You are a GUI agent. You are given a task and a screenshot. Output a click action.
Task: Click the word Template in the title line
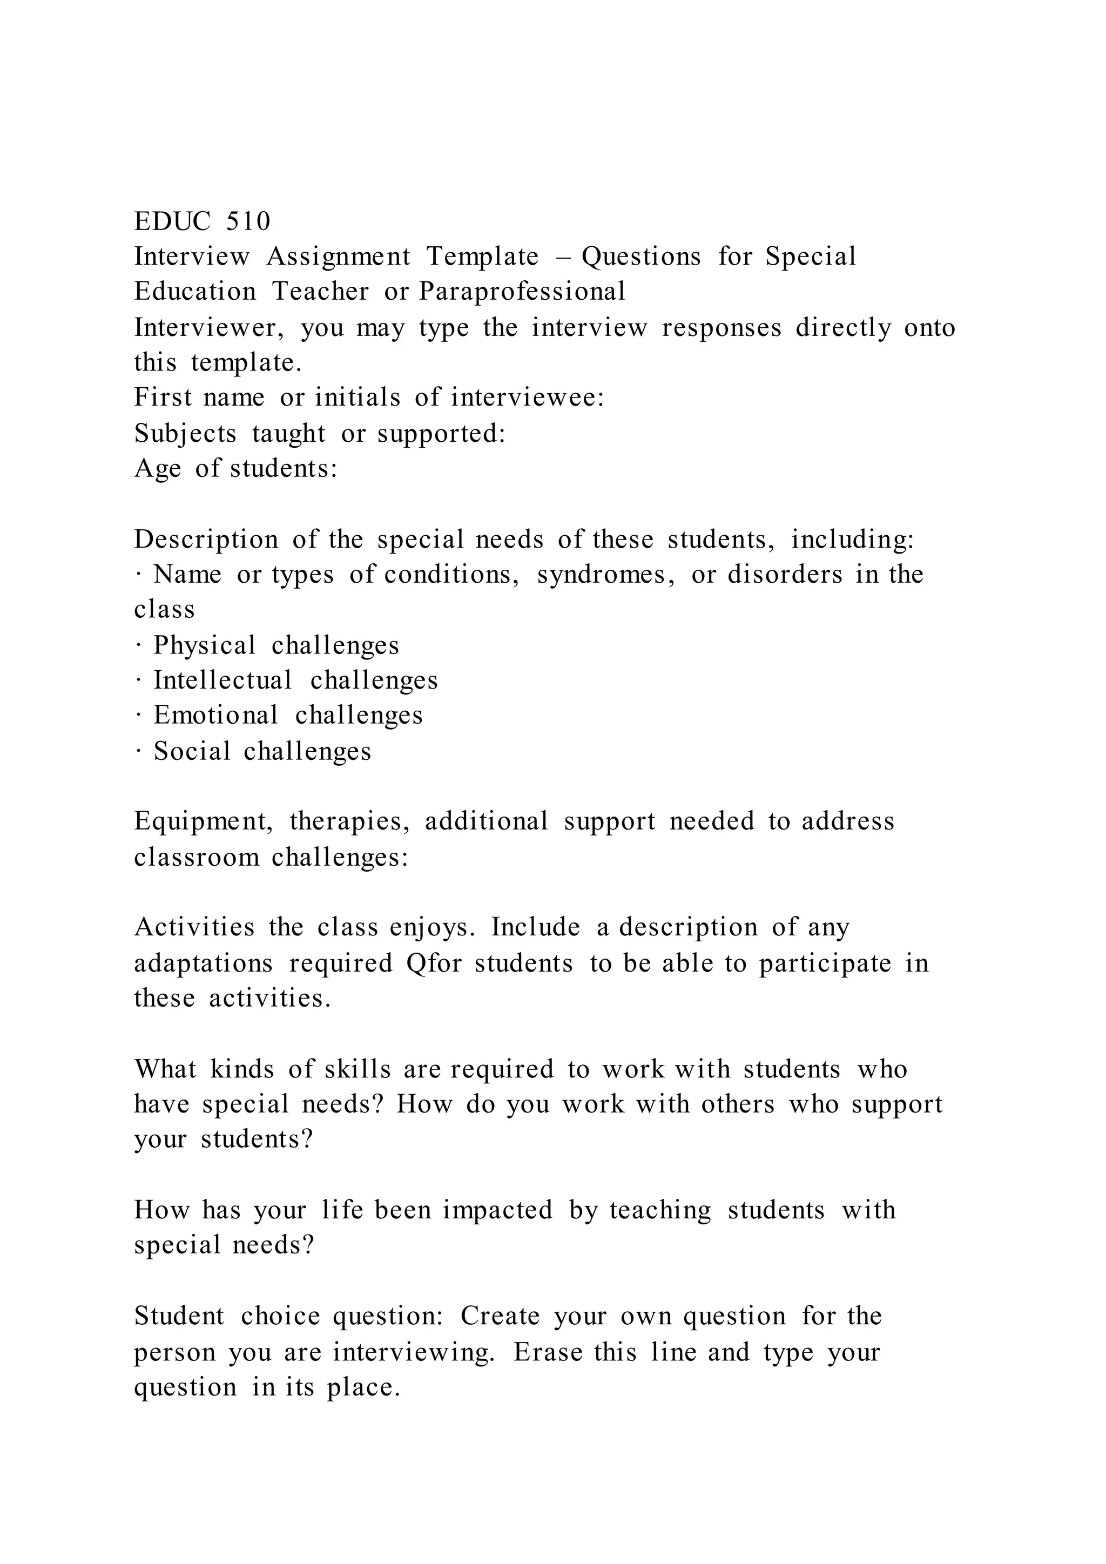point(482,257)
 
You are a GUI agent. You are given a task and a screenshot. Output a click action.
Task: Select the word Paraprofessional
point(522,292)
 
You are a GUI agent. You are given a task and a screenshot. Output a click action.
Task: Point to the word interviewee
point(527,397)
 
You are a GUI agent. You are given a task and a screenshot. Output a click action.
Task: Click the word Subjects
point(185,433)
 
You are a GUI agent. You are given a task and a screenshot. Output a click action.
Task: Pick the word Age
point(157,469)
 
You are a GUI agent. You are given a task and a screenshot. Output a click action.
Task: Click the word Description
point(206,540)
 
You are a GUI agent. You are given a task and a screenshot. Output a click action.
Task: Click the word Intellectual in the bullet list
point(222,680)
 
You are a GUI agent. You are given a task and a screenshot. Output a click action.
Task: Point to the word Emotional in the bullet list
point(216,715)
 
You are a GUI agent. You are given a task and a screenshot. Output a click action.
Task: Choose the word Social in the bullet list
point(192,751)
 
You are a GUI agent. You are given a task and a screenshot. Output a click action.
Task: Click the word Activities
point(194,927)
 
